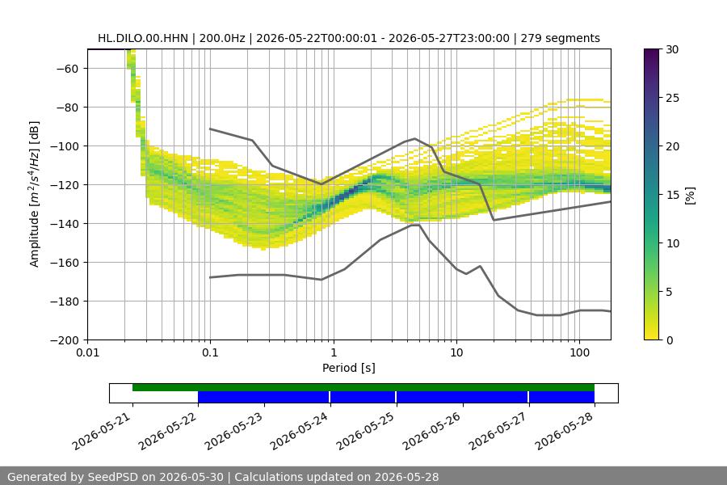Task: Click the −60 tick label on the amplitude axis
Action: [x=67, y=69]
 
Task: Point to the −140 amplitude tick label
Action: [x=65, y=224]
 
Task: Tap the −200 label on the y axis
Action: [x=65, y=340]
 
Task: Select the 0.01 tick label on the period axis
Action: [x=87, y=352]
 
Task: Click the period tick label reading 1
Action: [x=334, y=352]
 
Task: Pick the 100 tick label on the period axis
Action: [x=579, y=352]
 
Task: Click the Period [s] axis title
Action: [x=349, y=368]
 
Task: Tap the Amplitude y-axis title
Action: [x=35, y=194]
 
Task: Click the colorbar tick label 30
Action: [x=672, y=49]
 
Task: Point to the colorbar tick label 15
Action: [x=672, y=195]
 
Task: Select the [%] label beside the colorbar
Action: [x=691, y=196]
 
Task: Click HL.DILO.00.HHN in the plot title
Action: [x=143, y=39]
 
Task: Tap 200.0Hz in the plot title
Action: [x=222, y=39]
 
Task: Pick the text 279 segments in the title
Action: [x=560, y=39]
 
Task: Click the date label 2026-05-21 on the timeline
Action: [x=103, y=432]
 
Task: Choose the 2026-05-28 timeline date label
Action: [x=565, y=432]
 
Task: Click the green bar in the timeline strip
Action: [x=363, y=387]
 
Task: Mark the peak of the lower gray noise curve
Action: [x=415, y=225]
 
